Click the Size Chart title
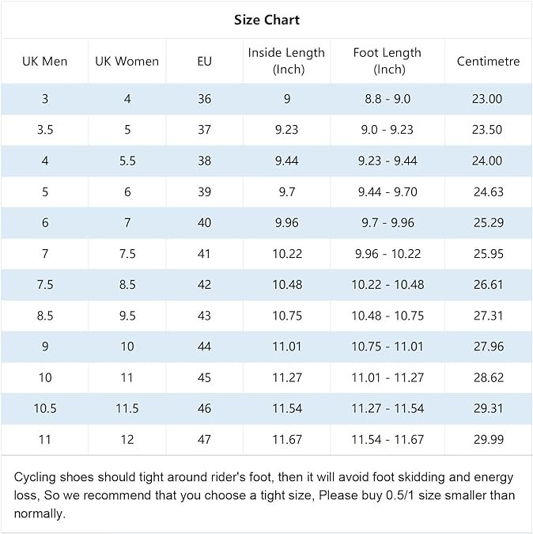pyautogui.click(x=266, y=20)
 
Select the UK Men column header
pyautogui.click(x=44, y=61)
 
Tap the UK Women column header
pyautogui.click(x=127, y=61)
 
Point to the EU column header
pyautogui.click(x=204, y=61)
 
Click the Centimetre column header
pyautogui.click(x=488, y=61)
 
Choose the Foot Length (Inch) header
pyautogui.click(x=387, y=61)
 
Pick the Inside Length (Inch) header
pyautogui.click(x=286, y=61)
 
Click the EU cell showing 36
pyautogui.click(x=204, y=99)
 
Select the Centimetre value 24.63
pyautogui.click(x=489, y=191)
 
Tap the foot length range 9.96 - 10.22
pyautogui.click(x=387, y=254)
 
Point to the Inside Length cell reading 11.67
pyautogui.click(x=287, y=439)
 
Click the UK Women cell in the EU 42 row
pyautogui.click(x=127, y=285)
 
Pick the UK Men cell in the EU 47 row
pyautogui.click(x=44, y=439)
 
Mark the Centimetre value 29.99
pyautogui.click(x=489, y=439)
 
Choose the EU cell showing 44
pyautogui.click(x=204, y=347)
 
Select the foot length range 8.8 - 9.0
pyautogui.click(x=387, y=99)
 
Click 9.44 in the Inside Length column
pyautogui.click(x=286, y=161)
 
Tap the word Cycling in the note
pyautogui.click(x=34, y=478)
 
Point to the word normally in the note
pyautogui.click(x=40, y=513)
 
